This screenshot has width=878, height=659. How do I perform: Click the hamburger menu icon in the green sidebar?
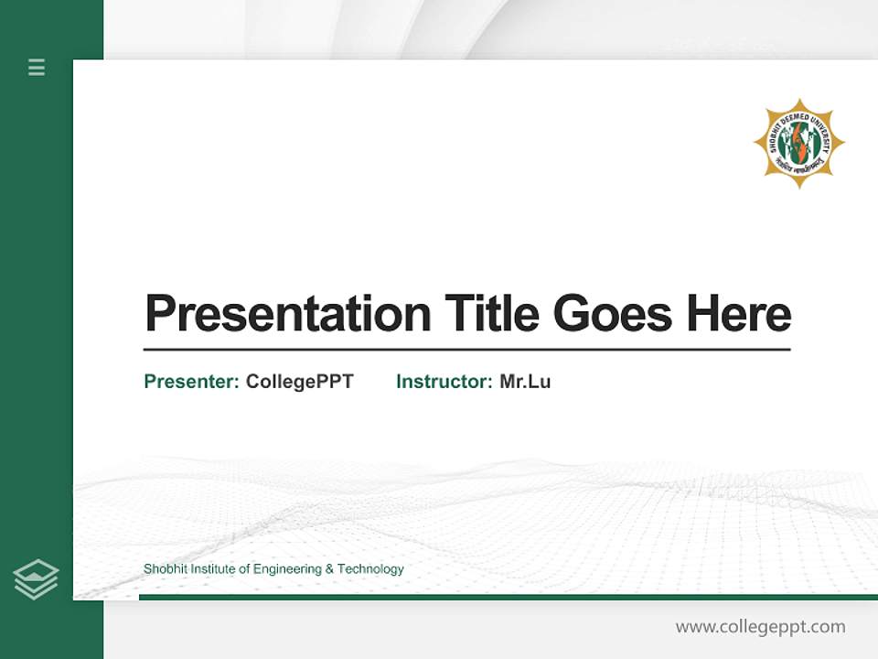coord(37,67)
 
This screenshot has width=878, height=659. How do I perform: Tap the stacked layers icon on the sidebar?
coord(36,579)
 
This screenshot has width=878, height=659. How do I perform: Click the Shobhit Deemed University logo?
coord(799,144)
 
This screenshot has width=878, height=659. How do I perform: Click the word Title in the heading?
coord(491,314)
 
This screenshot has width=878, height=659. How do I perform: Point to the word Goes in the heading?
coord(613,314)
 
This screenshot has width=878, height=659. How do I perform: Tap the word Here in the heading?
coord(739,314)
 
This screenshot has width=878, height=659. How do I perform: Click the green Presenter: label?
coord(191,382)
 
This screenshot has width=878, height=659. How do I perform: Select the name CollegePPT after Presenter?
coord(299,382)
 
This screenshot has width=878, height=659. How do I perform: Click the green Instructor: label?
coord(444,382)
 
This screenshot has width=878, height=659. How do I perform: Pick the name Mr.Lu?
coord(525,382)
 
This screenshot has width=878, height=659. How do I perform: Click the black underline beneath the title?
coord(466,350)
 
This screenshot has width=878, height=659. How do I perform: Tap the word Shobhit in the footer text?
coord(164,569)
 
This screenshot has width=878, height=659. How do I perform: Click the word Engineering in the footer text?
coord(287,569)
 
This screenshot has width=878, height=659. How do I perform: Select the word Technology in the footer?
coord(370,569)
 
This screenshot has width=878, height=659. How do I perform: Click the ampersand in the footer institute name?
coord(329,569)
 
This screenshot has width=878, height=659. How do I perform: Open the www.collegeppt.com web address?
coord(760,627)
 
